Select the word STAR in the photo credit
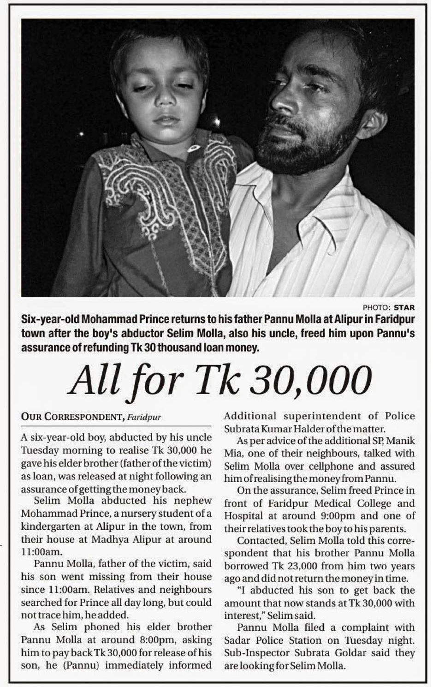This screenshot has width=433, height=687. point(404,307)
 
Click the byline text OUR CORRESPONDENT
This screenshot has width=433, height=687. point(71,417)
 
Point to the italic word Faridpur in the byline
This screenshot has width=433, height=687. point(144,417)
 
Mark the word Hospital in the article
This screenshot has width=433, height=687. point(243,516)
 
